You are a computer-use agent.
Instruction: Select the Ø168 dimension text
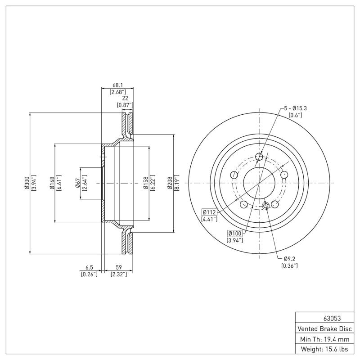pos(53,183)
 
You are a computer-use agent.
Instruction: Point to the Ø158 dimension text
pos(145,183)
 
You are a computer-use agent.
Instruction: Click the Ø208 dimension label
pos(171,183)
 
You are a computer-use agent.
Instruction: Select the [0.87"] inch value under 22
pos(125,105)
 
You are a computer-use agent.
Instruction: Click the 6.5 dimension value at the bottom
pos(89,266)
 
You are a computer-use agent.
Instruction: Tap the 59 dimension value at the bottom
pos(119,266)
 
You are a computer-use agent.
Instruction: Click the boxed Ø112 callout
pos(210,212)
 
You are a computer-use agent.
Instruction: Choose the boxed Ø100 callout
pos(235,233)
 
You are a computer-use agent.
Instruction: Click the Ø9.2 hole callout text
pos(290,259)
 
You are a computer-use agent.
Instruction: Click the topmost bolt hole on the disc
pos(259,157)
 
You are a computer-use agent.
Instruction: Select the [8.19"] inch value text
pos(177,183)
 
